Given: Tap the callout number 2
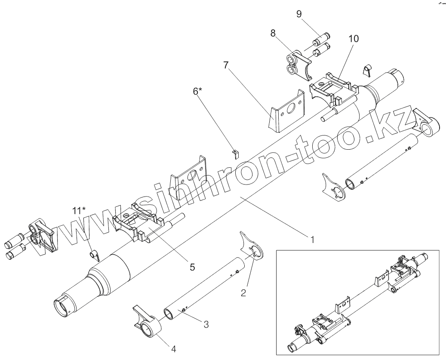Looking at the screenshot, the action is tap(243, 293).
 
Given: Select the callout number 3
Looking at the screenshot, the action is tap(206, 325).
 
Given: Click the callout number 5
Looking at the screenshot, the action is tap(192, 267).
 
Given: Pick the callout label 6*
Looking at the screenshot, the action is tap(197, 91).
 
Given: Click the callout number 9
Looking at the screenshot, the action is tap(299, 14).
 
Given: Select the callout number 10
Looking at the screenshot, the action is tap(353, 38).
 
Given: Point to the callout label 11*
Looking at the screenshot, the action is tap(79, 210).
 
